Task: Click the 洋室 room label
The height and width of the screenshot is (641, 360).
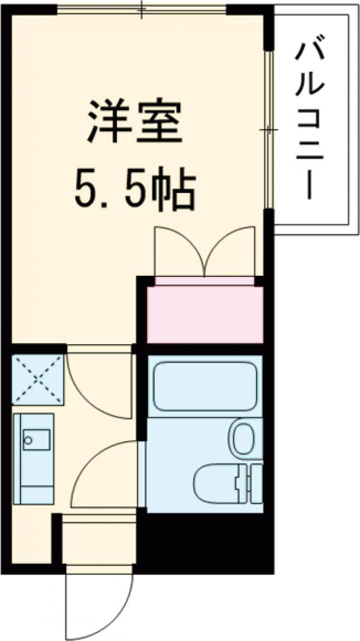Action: [134, 121]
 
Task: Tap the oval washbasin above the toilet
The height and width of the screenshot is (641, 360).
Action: [244, 438]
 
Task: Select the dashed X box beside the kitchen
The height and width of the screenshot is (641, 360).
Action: [38, 379]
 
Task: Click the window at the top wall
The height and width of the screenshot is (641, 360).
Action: [142, 9]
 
